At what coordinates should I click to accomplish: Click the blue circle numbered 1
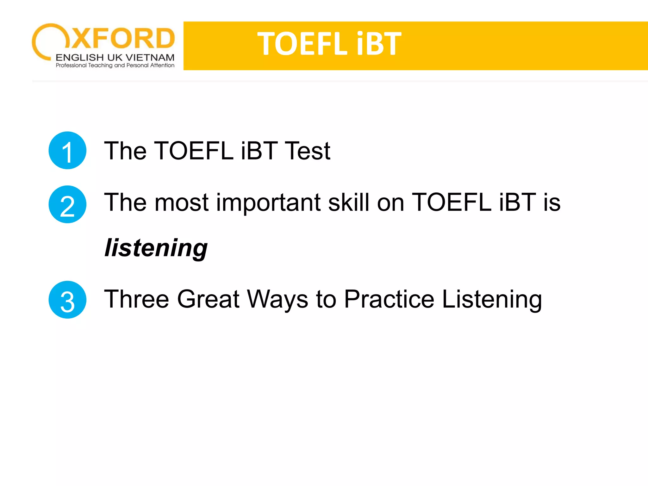67,150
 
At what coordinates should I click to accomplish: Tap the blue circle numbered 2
67,204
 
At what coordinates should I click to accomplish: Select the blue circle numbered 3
67,300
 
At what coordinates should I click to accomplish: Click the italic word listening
156,248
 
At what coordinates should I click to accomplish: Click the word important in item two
268,202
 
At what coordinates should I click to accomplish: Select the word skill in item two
349,202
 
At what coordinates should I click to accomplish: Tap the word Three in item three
136,299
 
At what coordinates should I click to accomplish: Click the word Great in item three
208,299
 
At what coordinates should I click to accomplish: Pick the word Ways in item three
277,299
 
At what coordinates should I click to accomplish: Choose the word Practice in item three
389,299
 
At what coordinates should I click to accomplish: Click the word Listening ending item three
492,299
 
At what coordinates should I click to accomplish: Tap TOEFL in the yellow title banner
302,44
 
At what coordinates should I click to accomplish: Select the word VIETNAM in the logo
150,58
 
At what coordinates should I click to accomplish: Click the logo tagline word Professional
71,65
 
